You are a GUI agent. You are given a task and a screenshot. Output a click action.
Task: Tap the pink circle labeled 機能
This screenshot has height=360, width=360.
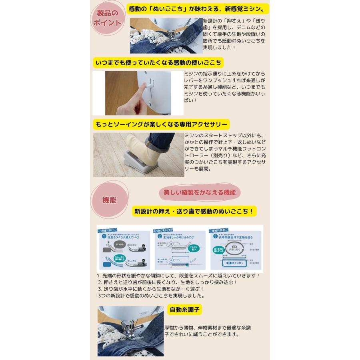coord(109,200)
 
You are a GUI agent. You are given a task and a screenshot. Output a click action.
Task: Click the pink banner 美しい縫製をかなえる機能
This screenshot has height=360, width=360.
coord(199,192)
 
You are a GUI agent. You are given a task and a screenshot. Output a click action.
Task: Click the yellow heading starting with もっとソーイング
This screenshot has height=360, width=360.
coord(162,124)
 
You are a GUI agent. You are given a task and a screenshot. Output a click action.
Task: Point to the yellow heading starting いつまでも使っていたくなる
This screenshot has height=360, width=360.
coord(158,63)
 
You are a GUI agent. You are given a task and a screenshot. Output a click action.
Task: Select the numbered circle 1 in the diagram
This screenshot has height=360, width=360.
coord(104,237)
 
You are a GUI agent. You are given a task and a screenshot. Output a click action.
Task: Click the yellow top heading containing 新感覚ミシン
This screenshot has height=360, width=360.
coord(198,9)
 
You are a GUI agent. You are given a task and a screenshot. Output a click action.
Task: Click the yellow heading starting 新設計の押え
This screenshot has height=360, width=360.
coord(194,211)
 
